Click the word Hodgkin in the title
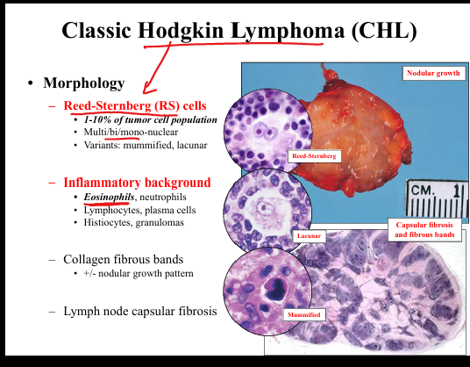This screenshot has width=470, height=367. coord(181,31)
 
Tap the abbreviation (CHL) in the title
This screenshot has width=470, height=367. coord(384,31)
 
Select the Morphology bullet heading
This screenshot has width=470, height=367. coord(84,83)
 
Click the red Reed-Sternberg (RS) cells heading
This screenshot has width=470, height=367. coord(135,105)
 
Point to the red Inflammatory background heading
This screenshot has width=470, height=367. coord(137,183)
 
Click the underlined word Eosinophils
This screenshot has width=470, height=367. coord(109,197)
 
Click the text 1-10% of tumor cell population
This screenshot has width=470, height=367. coord(151,119)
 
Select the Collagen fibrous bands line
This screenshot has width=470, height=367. coord(123,259)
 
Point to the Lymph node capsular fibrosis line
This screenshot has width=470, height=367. coord(140,311)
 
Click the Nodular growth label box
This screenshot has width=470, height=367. coord(433,73)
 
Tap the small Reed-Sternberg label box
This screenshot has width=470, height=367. coord(314,156)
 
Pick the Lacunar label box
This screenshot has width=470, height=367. coord(309,236)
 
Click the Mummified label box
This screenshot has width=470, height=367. coord(304,315)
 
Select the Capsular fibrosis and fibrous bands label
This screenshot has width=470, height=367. coord(424,230)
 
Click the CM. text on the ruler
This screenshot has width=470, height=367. coord(423,191)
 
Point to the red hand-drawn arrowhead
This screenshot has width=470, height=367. coord(149,88)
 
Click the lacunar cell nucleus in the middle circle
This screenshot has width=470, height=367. coord(263,208)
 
